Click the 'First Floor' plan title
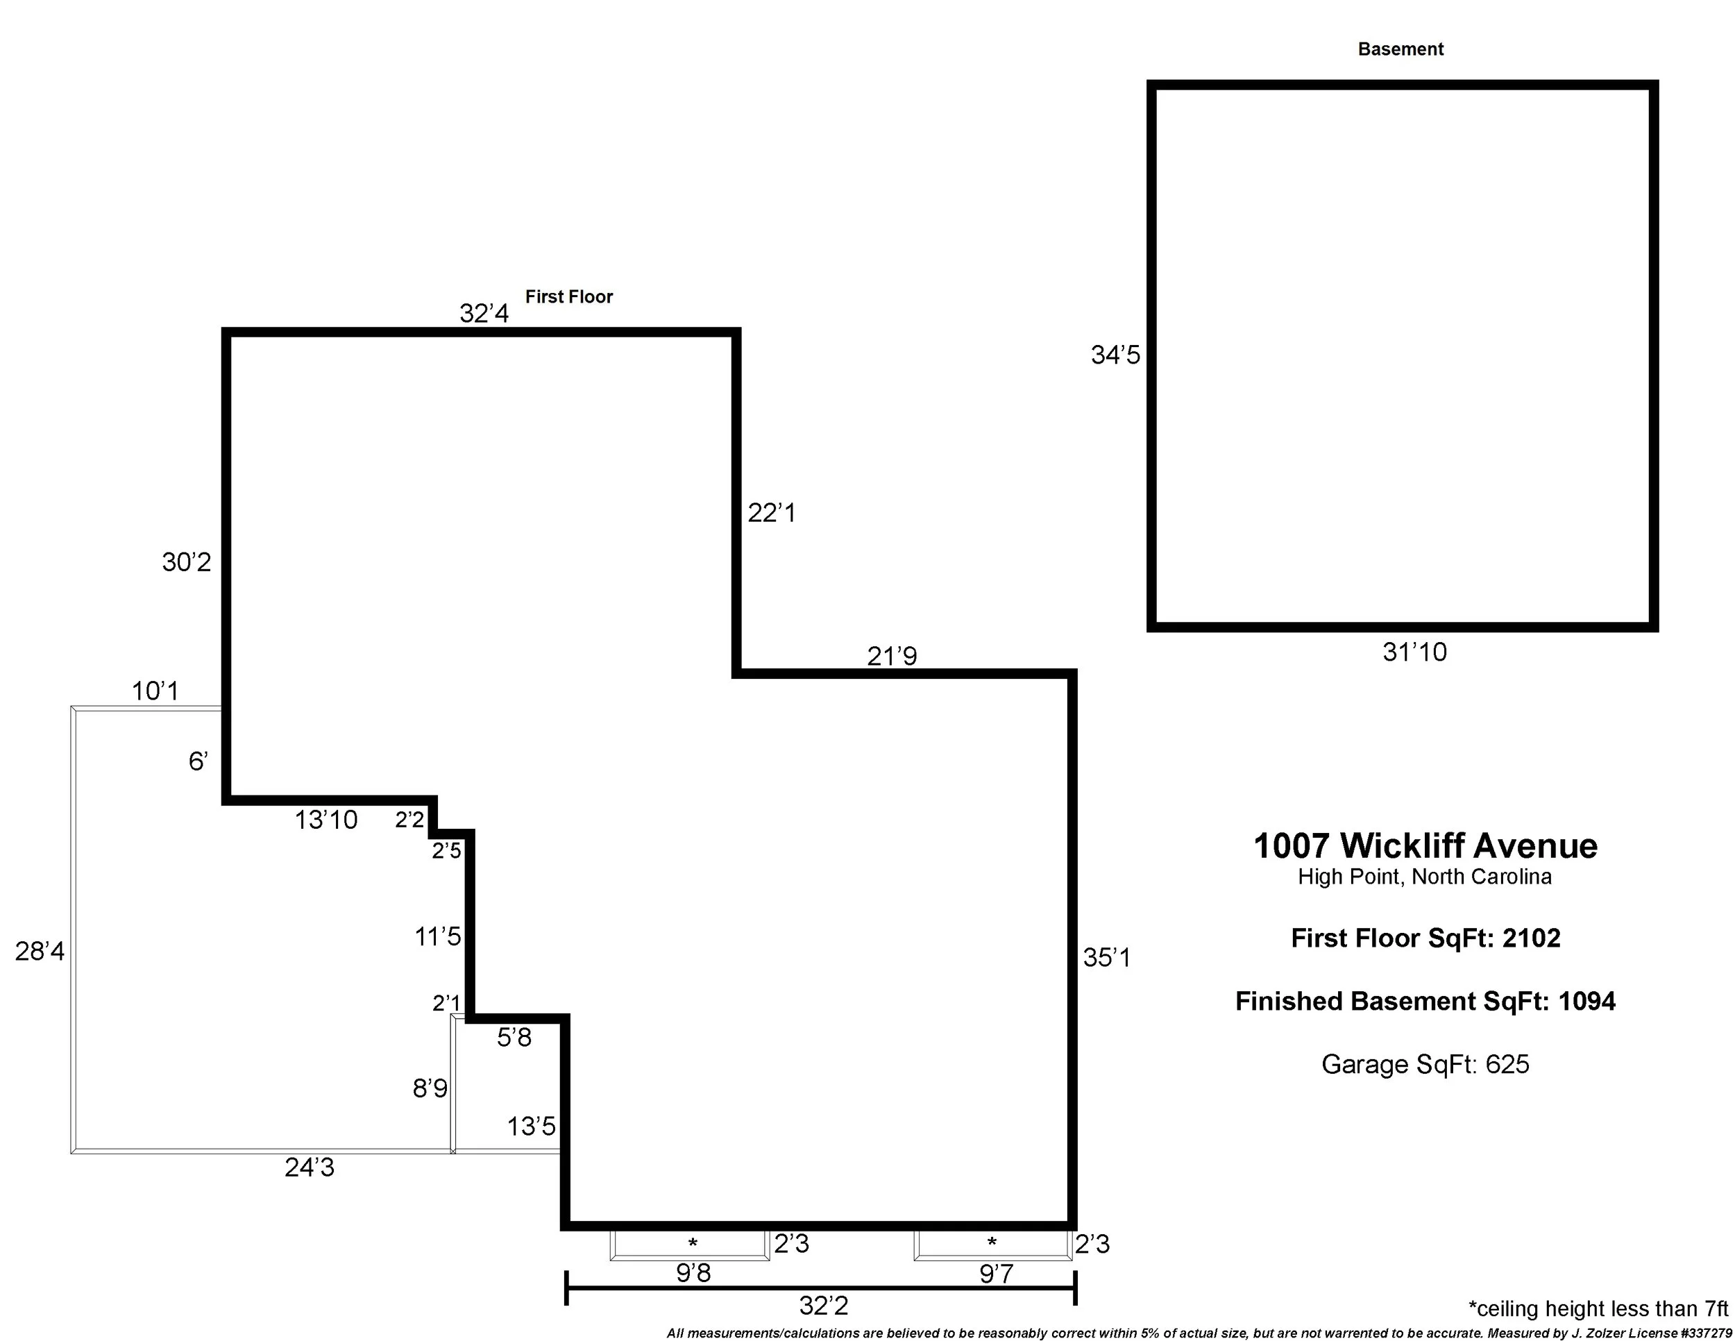coord(569,297)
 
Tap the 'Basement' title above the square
coord(1400,49)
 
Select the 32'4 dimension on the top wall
coord(484,314)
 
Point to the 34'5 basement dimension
coord(1115,355)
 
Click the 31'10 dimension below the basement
coord(1415,652)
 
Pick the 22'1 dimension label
coord(771,513)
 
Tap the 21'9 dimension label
coord(892,656)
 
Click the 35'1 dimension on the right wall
coord(1107,958)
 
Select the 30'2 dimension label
coord(187,562)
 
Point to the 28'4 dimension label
coord(40,951)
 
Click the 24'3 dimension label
coord(310,1167)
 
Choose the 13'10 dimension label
coord(326,820)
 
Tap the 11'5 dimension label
coord(438,936)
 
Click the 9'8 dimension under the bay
coord(693,1274)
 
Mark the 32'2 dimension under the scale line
coord(824,1305)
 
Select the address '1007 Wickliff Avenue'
coord(1425,846)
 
